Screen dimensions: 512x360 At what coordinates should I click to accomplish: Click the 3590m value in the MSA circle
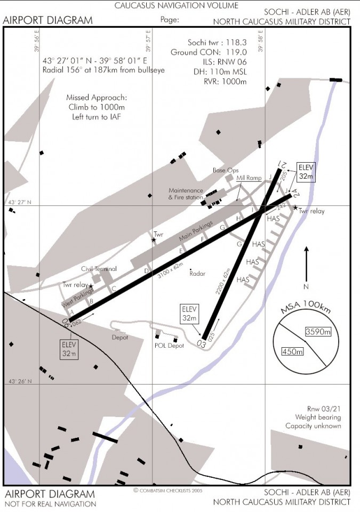click(318, 332)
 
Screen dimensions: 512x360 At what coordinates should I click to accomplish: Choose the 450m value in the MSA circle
click(293, 351)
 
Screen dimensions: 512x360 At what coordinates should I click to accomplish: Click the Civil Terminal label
click(99, 269)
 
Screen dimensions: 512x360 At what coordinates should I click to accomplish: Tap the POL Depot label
click(169, 346)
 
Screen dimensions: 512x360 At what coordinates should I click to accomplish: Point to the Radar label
click(197, 274)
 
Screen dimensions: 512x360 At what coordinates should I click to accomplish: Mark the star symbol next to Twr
click(154, 241)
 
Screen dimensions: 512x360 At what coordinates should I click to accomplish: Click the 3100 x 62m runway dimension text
click(171, 269)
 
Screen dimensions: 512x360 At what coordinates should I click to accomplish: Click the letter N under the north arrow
click(306, 285)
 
